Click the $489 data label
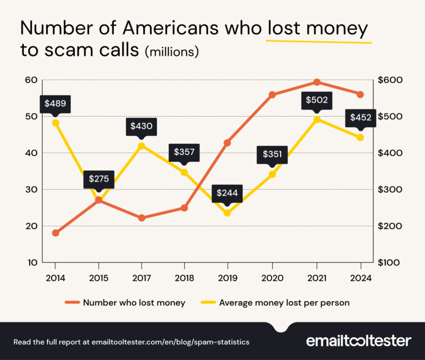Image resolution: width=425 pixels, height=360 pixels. coord(55,103)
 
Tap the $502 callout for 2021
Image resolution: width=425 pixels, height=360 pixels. coord(317,100)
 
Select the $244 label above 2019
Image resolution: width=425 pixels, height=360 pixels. coord(227,193)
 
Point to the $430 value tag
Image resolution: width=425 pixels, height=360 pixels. coord(142,126)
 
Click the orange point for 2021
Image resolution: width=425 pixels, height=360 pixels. coord(317,82)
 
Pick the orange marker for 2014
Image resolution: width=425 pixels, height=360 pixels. coord(55,233)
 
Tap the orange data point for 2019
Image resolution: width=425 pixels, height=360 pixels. coord(227,143)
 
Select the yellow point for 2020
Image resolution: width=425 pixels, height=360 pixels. coord(272,174)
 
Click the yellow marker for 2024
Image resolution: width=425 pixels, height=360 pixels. coord(360,137)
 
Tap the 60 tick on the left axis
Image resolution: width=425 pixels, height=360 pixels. coord(31,80)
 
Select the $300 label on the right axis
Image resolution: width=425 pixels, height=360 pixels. coord(390,190)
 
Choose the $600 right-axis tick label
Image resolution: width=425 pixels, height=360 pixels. coord(390,80)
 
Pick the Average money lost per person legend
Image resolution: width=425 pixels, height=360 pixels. coord(277,302)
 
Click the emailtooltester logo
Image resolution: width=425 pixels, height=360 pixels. coord(359,341)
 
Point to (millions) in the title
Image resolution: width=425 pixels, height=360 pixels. coord(172,53)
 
